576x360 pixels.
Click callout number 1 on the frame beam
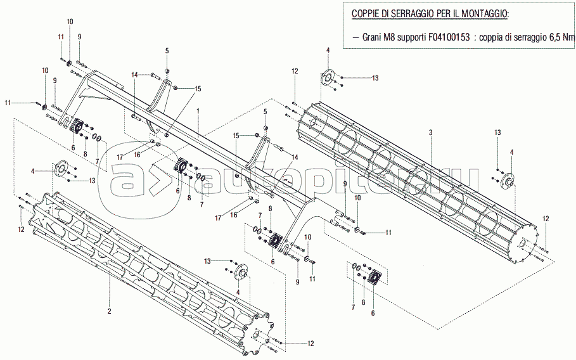198,110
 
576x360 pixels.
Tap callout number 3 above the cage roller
430,132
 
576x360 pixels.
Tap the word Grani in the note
374,38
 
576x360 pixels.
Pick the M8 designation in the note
394,38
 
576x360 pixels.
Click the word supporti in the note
416,38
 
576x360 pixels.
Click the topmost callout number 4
328,50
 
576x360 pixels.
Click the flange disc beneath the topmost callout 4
328,76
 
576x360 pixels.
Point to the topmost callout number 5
167,50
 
